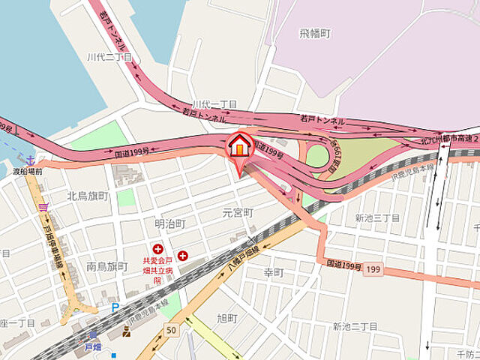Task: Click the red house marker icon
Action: pos(238,145)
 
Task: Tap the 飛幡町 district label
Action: pos(315,33)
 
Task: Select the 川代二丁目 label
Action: pos(109,57)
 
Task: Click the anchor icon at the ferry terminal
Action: pos(30,160)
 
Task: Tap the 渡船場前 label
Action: pos(28,172)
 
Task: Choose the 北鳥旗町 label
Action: pos(88,196)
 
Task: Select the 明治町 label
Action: pos(170,223)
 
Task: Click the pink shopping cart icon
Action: pos(44,205)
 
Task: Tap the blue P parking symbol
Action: pos(115,307)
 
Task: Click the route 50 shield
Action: pos(172,331)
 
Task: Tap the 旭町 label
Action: pos(226,319)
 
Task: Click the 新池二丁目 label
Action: pos(355,326)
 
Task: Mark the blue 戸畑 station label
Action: pos(92,347)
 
